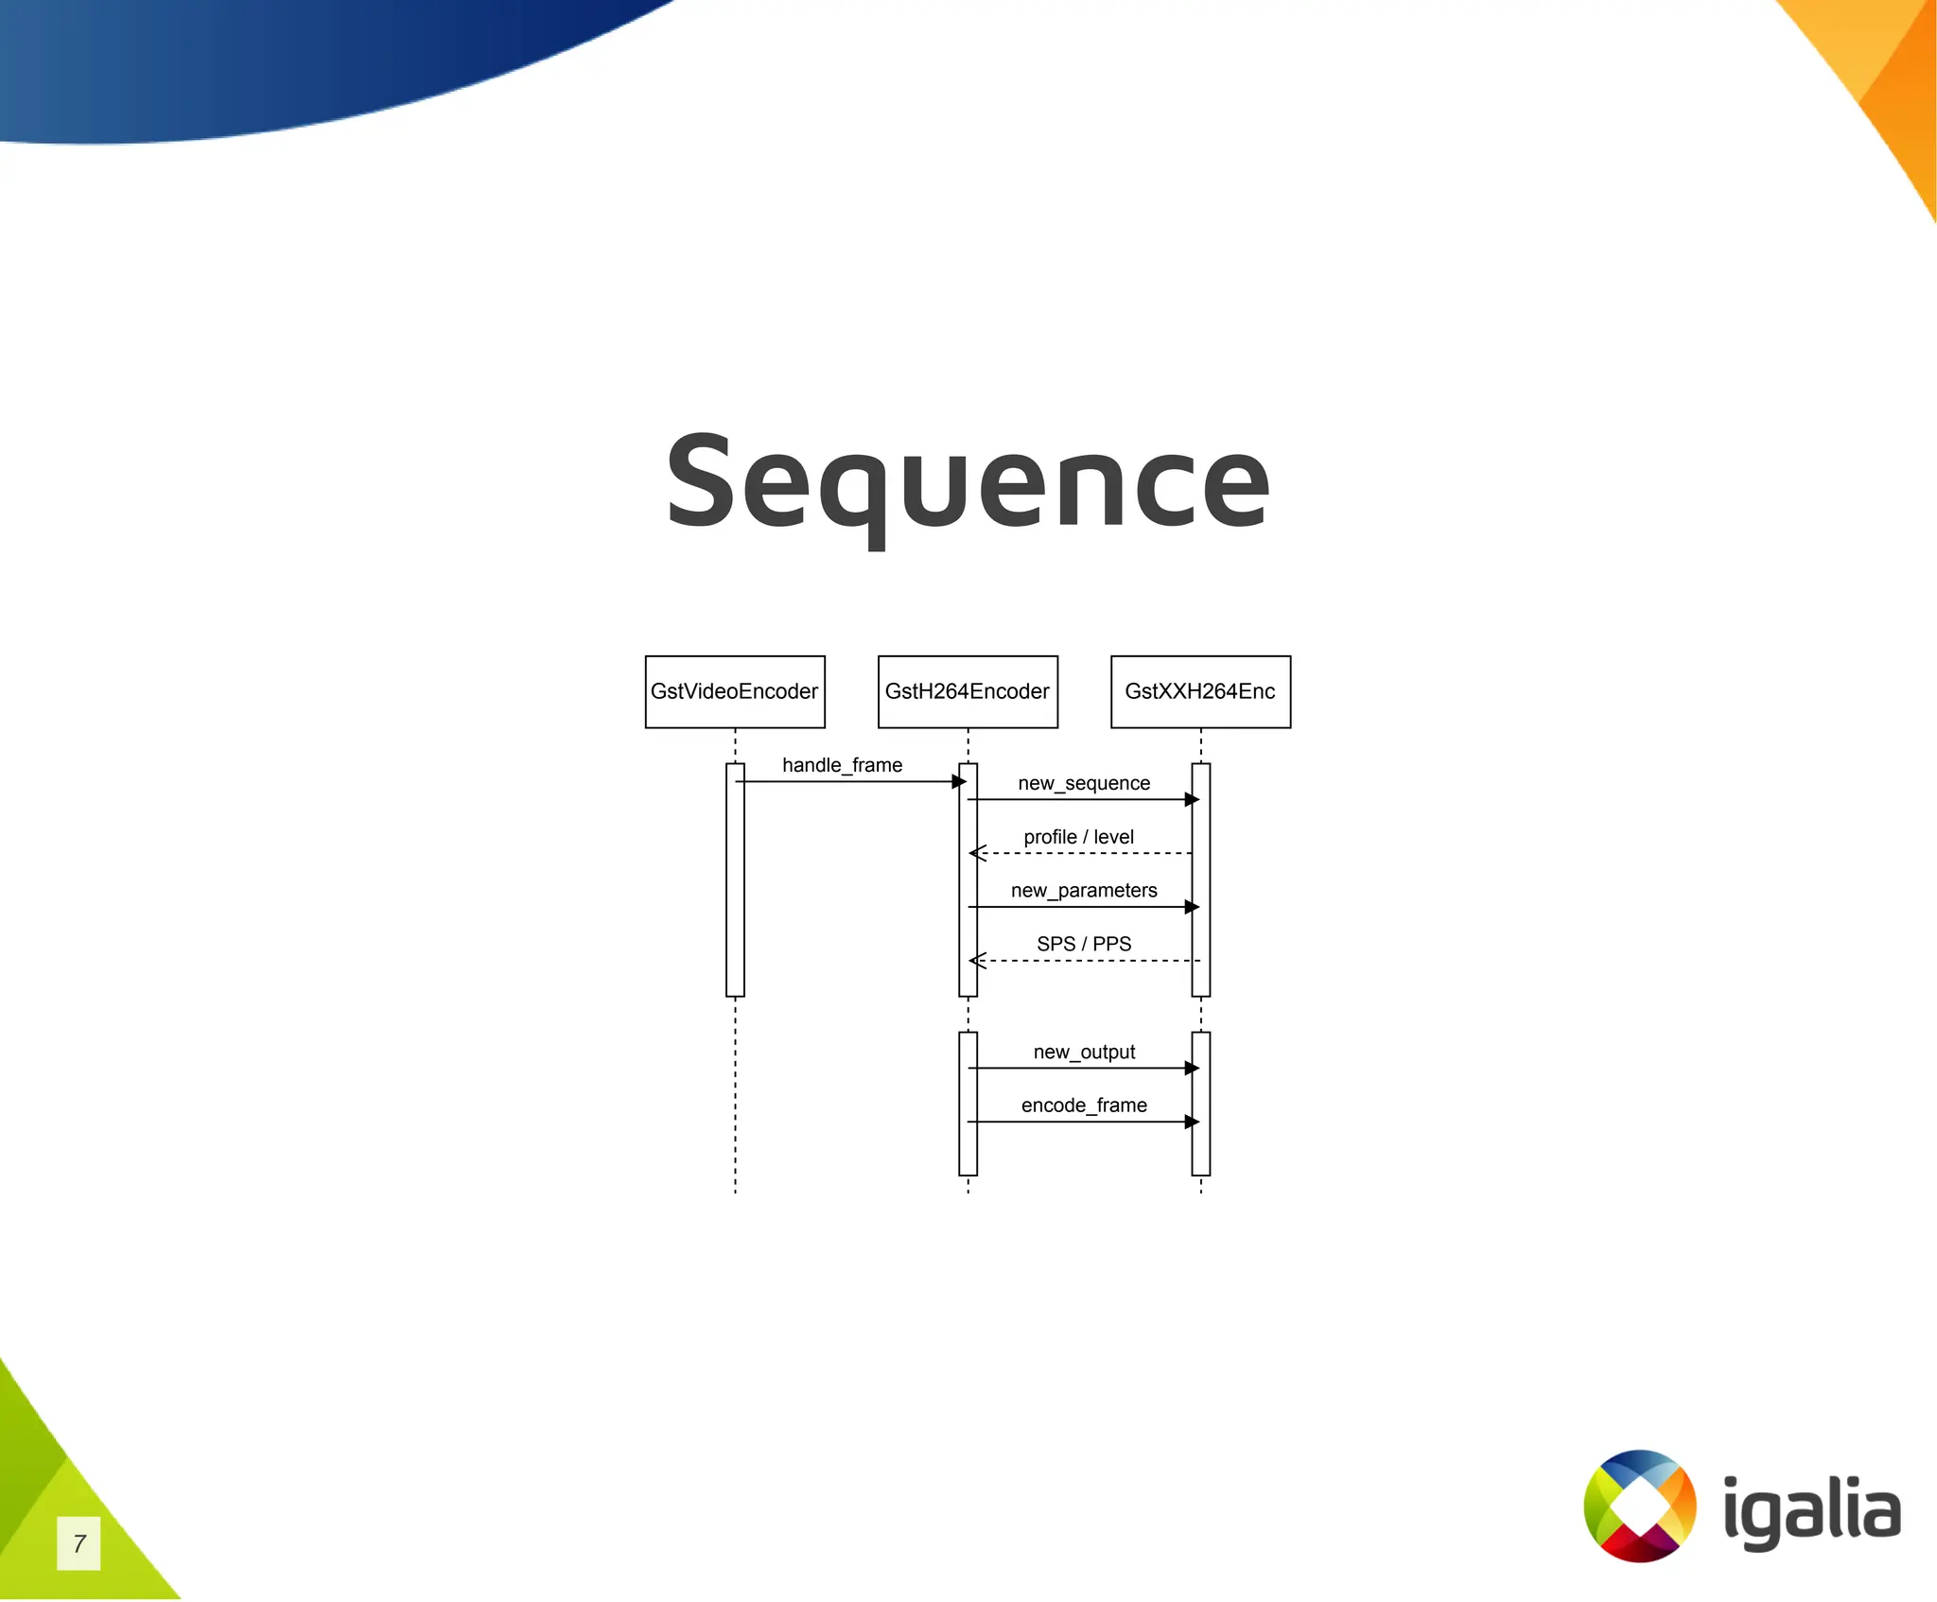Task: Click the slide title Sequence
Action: point(968,482)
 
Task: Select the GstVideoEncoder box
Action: point(735,691)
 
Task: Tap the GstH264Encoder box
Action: point(968,691)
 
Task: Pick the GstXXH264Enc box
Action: point(1200,691)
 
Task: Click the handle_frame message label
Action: point(842,765)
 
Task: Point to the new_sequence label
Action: point(1084,783)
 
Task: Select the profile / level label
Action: point(1078,837)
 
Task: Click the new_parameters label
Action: point(1084,891)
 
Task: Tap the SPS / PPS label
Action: point(1084,944)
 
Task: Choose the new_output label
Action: point(1084,1052)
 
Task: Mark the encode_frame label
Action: point(1084,1106)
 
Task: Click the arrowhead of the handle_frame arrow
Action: point(959,781)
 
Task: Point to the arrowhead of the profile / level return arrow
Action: point(977,853)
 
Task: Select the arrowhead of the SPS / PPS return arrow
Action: point(977,961)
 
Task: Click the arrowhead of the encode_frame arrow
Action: point(1192,1122)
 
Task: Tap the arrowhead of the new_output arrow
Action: point(1192,1069)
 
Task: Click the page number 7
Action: point(79,1543)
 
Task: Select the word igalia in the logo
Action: point(1811,1511)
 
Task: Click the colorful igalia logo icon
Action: point(1639,1506)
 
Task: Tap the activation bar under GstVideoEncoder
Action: point(735,879)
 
